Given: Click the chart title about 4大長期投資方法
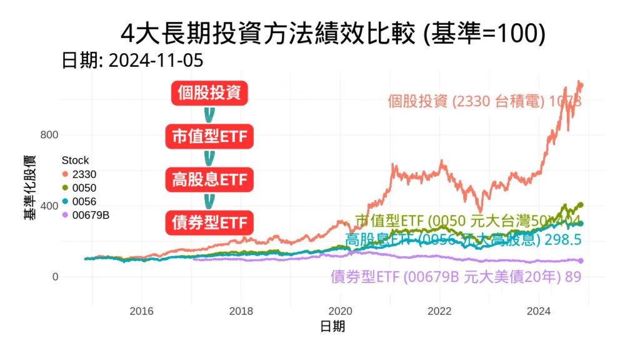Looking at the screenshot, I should coord(333,34).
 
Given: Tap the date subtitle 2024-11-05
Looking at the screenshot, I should coord(132,61).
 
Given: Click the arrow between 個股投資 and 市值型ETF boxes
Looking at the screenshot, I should coord(209,115).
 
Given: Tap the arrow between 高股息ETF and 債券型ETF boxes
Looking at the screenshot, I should coord(209,201).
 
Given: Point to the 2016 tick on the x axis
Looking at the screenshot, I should coord(142,311).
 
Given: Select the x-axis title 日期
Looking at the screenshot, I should coord(332,326).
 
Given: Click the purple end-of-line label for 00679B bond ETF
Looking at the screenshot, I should coord(456,277).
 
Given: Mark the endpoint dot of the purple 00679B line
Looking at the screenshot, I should coord(581,261).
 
